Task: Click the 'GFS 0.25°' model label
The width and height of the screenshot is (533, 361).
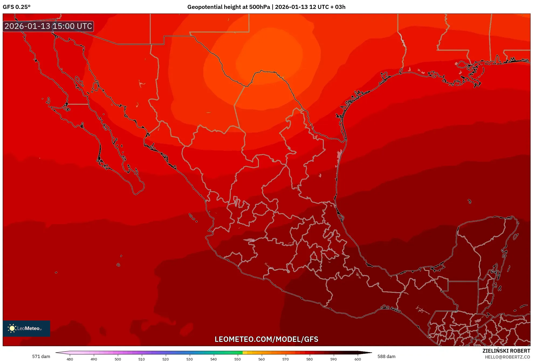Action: point(16,7)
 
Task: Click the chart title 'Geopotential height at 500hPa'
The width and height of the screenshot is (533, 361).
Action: point(228,7)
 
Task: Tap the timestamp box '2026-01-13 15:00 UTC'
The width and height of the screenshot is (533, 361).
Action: point(48,26)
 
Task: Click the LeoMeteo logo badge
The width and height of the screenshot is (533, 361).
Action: point(26,328)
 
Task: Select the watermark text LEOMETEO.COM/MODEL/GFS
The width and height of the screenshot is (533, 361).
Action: point(266,339)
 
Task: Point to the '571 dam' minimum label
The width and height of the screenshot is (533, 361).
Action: point(41,356)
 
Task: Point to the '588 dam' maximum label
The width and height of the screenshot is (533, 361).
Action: point(386,356)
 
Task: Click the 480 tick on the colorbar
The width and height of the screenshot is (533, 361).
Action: point(70,359)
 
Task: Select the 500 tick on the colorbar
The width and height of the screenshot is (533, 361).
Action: point(118,359)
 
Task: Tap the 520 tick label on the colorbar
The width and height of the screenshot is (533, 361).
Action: point(166,359)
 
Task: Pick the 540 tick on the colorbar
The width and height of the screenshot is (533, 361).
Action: point(214,359)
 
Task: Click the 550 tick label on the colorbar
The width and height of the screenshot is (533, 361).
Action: point(238,359)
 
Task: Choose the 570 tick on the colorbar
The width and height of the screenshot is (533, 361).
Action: point(286,359)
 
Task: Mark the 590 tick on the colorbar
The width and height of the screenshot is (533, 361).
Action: point(333,359)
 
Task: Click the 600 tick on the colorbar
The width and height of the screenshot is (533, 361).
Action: point(357,359)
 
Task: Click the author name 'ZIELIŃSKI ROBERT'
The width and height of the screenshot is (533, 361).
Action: point(506,351)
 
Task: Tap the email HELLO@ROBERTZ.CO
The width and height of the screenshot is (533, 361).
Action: point(507,357)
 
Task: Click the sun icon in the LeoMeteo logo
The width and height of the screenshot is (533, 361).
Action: point(12,328)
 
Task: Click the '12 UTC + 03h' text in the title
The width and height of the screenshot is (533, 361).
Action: point(327,7)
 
